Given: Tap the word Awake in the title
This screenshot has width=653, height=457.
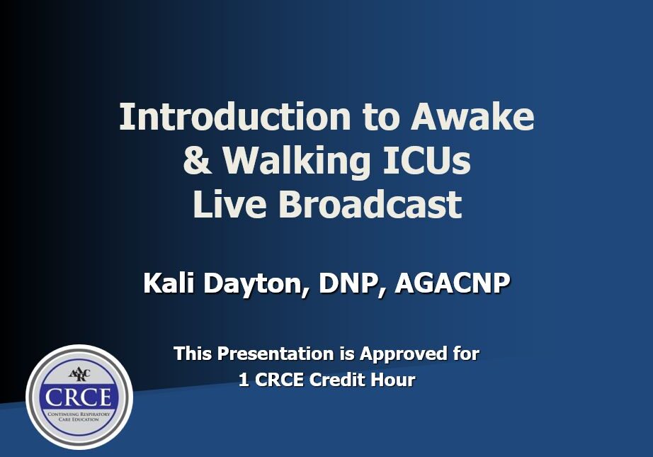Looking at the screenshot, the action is pos(472,116).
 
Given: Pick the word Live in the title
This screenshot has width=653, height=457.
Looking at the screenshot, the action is pos(229,204).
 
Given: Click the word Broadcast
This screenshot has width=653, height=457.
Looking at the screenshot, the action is pos(370,204).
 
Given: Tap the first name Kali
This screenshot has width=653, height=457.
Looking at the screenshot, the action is pos(169,283).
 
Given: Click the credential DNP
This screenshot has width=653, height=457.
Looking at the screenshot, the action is pos(351,283).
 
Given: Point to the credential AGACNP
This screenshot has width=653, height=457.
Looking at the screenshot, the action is pos(453,283).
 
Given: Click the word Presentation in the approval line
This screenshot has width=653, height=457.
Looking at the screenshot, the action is pos(276,354).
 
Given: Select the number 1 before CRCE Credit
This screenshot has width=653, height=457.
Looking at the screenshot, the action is pos(243,380).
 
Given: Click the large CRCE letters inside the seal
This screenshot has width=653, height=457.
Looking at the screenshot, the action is pos(79,397).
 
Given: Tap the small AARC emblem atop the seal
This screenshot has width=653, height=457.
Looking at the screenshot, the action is pos(79,373).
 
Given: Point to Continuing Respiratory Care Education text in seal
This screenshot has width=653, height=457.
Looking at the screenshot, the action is pos(79,417).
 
